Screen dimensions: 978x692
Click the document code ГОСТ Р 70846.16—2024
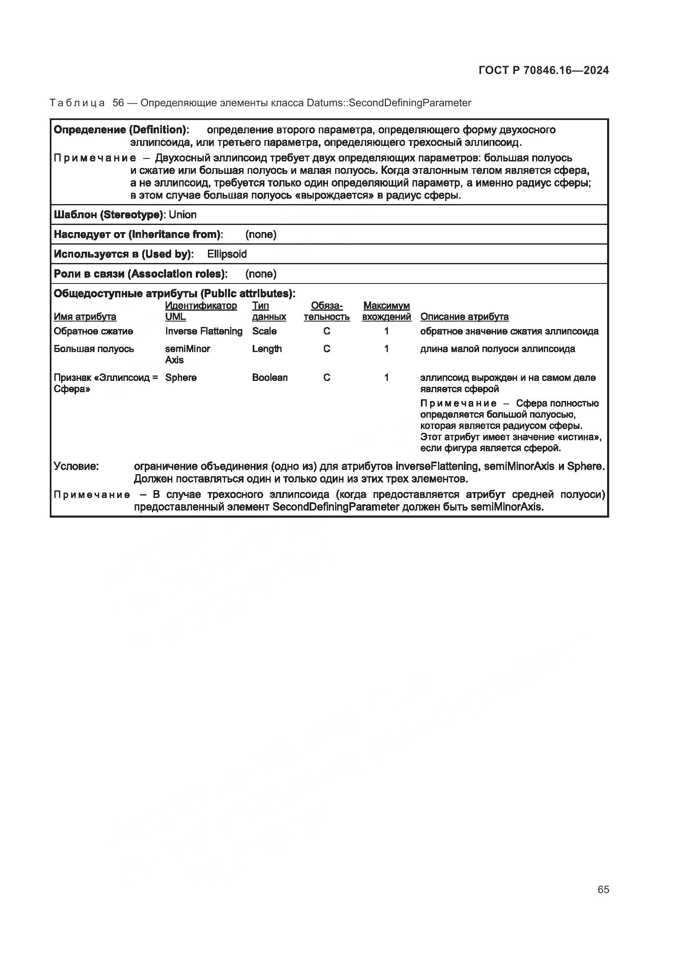pos(543,71)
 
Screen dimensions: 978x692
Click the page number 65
pos(603,889)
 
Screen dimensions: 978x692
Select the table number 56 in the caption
pos(118,103)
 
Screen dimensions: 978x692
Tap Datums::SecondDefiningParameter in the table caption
pos(389,103)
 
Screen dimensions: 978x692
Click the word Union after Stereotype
pos(182,214)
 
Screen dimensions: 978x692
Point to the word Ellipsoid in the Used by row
pos(227,254)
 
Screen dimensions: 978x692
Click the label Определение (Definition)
pos(121,130)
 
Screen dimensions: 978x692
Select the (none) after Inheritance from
pos(261,235)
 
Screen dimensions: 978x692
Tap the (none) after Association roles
pos(261,274)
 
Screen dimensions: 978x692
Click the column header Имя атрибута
pos(85,317)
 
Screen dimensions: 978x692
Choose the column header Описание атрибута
pos(464,317)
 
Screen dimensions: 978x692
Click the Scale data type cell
pos(264,332)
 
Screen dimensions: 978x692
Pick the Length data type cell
pos(267,349)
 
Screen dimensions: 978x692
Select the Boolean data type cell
pos(270,378)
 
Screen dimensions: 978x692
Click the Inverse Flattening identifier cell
pos(204,332)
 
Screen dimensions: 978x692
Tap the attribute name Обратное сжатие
pos(93,332)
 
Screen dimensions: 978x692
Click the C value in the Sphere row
pos(327,378)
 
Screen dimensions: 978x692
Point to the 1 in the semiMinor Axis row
pos(386,349)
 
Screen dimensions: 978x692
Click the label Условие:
pos(76,467)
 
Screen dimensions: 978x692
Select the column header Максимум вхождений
pos(386,312)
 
